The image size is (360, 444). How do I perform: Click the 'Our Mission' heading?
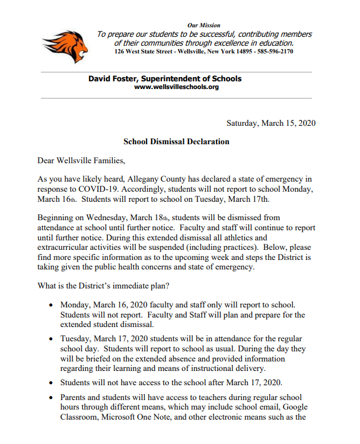click(x=203, y=26)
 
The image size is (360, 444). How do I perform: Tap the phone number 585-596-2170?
click(x=273, y=51)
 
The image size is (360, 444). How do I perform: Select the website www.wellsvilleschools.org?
click(x=177, y=87)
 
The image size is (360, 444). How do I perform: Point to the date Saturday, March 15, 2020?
click(x=271, y=123)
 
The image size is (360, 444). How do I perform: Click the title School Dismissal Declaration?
click(x=176, y=142)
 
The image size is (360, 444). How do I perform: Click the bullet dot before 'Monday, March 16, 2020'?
click(x=51, y=306)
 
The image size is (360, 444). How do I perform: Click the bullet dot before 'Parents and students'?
click(x=51, y=397)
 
